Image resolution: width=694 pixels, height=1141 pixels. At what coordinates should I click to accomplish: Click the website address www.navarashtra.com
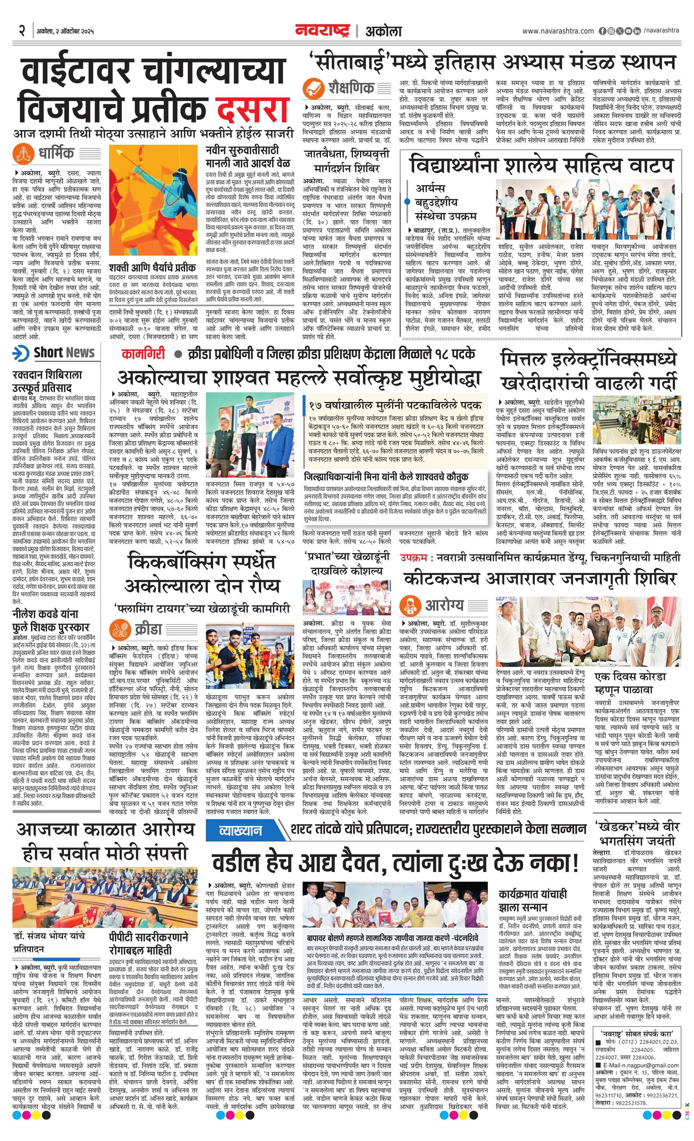(558, 31)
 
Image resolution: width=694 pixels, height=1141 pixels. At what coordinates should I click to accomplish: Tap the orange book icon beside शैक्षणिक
(314, 87)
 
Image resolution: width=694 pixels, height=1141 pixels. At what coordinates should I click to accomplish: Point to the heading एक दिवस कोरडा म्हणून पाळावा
(630, 683)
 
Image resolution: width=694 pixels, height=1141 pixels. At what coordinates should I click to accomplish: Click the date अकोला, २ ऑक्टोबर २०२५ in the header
(65, 32)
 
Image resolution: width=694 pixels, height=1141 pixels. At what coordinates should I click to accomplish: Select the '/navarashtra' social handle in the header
(661, 30)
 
